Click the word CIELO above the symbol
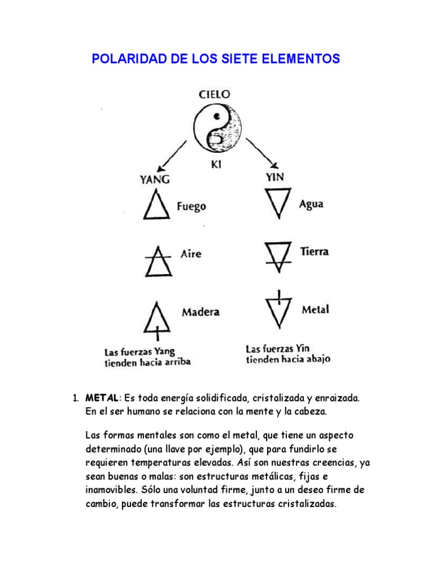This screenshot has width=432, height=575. point(214,95)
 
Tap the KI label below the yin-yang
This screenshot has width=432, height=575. point(217,166)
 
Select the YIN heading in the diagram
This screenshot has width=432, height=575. point(273,176)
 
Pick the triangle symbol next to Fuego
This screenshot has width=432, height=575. point(155,205)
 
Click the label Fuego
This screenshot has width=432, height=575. point(191,206)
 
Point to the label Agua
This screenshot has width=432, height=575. point(311,204)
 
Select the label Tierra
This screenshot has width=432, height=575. point(314,252)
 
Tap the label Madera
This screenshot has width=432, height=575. point(200,312)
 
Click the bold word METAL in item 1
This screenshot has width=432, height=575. point(101,398)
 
